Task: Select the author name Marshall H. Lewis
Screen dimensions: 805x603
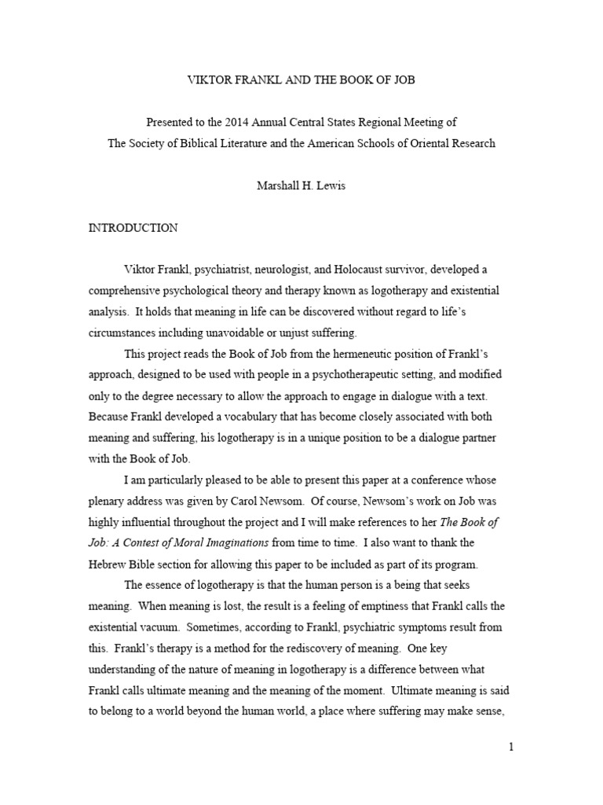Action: point(301,186)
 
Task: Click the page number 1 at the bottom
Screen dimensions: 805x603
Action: point(510,748)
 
